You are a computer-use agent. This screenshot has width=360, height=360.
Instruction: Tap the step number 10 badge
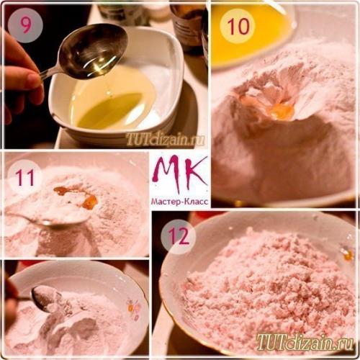click(x=237, y=27)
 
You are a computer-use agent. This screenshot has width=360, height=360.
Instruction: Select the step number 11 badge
click(x=25, y=176)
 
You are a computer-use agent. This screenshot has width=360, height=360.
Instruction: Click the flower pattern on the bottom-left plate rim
click(x=133, y=310)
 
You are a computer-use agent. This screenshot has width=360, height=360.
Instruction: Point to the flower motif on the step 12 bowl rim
click(x=347, y=253)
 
